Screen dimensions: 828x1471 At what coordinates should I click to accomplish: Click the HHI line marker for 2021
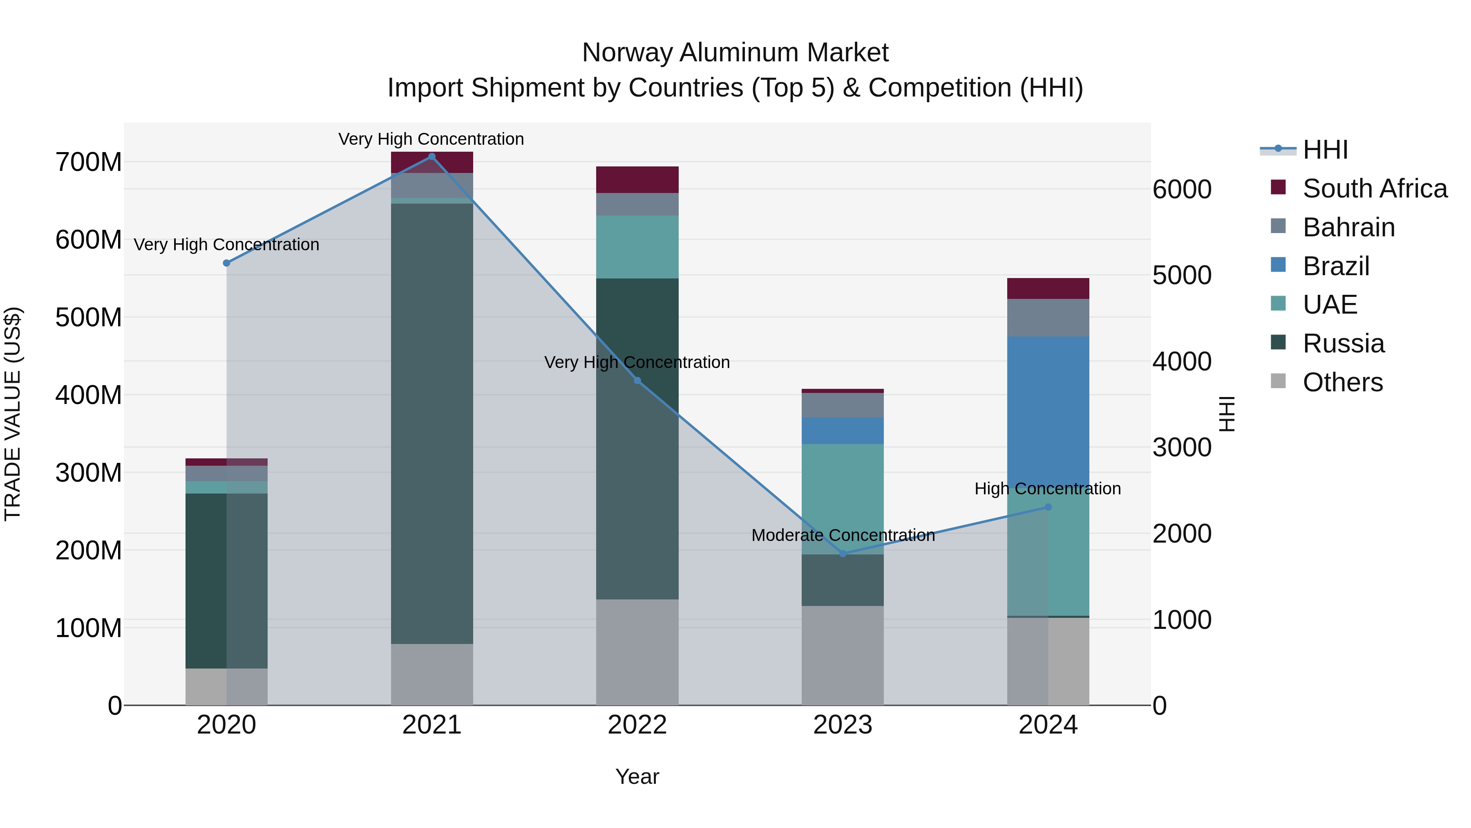432,157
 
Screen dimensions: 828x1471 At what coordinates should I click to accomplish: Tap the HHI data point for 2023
843,553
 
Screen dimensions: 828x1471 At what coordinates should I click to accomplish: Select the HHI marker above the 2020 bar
227,263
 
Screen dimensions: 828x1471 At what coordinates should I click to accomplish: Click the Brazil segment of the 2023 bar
843,431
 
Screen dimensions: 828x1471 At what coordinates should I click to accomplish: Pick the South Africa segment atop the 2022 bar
637,180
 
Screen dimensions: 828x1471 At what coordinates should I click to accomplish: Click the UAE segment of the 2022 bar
637,247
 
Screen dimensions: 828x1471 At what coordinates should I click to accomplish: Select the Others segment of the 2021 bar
432,674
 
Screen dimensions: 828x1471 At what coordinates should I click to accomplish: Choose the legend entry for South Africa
1375,188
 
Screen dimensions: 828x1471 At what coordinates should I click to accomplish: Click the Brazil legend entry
1336,266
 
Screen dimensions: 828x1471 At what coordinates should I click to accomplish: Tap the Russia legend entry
1343,343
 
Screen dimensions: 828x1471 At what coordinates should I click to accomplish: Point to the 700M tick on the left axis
89,162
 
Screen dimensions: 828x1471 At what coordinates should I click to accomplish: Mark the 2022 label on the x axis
637,725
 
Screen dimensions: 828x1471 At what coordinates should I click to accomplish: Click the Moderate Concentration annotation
843,535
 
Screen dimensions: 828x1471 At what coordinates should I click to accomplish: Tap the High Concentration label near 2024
1047,489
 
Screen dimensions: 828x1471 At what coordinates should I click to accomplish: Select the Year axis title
637,776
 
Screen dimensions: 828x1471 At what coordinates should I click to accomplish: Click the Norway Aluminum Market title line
735,53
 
